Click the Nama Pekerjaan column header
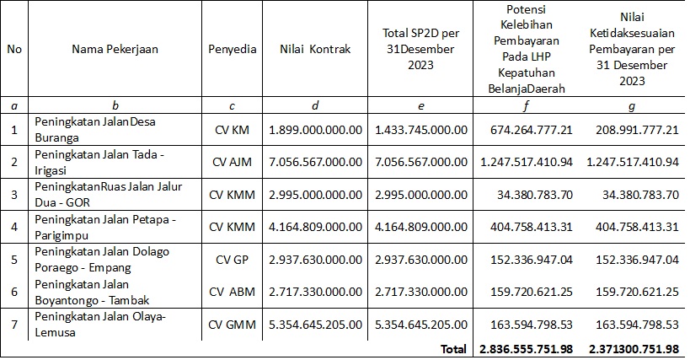tap(115, 49)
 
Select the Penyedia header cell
tap(231, 49)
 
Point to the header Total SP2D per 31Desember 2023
tap(420, 49)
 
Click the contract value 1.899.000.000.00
tap(315, 130)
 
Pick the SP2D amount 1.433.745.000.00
tap(420, 130)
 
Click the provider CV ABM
tap(231, 292)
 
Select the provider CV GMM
tap(231, 324)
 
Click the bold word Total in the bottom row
tap(453, 349)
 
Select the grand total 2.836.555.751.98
tap(527, 349)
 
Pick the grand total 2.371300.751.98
tap(633, 349)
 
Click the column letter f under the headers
tap(526, 106)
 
